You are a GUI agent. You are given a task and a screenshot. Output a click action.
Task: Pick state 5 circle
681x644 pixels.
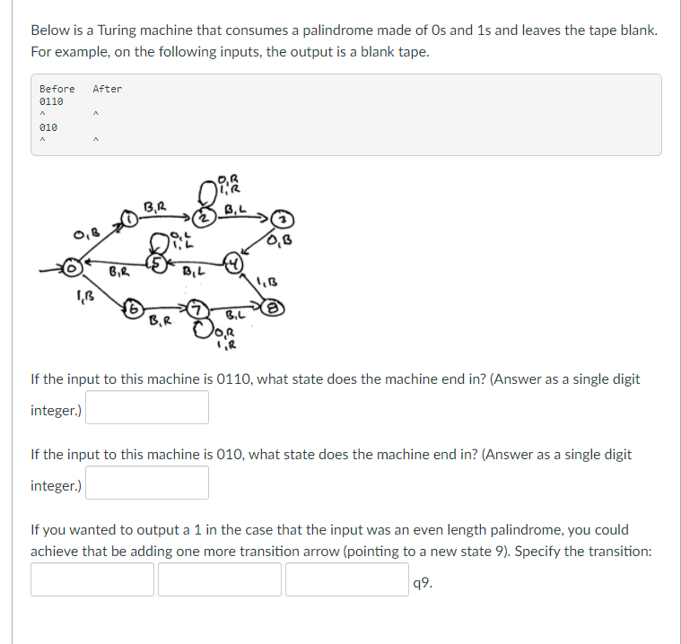click(x=158, y=265)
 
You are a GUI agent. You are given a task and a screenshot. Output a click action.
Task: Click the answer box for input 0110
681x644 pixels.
click(x=147, y=407)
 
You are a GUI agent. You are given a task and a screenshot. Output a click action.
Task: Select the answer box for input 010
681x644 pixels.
click(x=147, y=483)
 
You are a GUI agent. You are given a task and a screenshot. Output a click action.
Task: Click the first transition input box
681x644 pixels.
click(x=92, y=579)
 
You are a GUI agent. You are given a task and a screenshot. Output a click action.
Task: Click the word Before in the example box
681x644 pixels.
click(x=57, y=89)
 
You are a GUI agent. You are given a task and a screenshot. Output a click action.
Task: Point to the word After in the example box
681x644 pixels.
click(x=107, y=89)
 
